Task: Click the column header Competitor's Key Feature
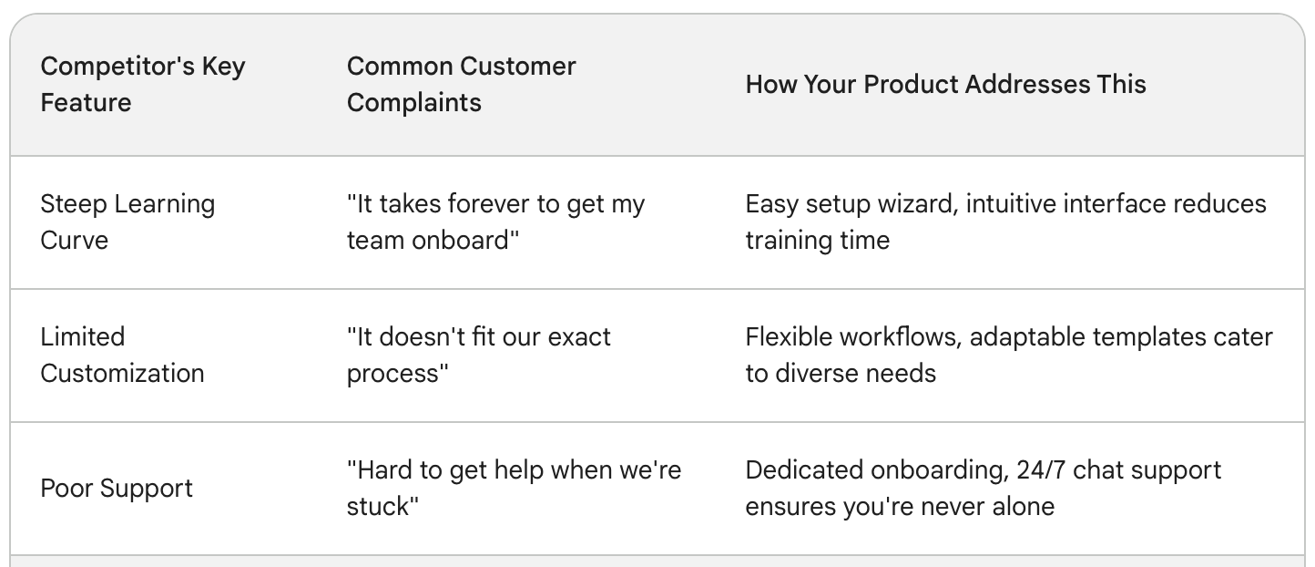pyautogui.click(x=143, y=84)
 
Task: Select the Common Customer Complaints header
pyautogui.click(x=462, y=84)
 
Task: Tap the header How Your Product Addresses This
pyautogui.click(x=946, y=84)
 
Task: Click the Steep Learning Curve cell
pyautogui.click(x=127, y=222)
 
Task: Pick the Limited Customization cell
pyautogui.click(x=122, y=355)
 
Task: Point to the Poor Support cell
pyautogui.click(x=117, y=489)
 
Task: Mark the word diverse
pyautogui.click(x=813, y=374)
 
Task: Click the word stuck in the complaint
pyautogui.click(x=382, y=507)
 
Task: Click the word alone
pyautogui.click(x=1024, y=507)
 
